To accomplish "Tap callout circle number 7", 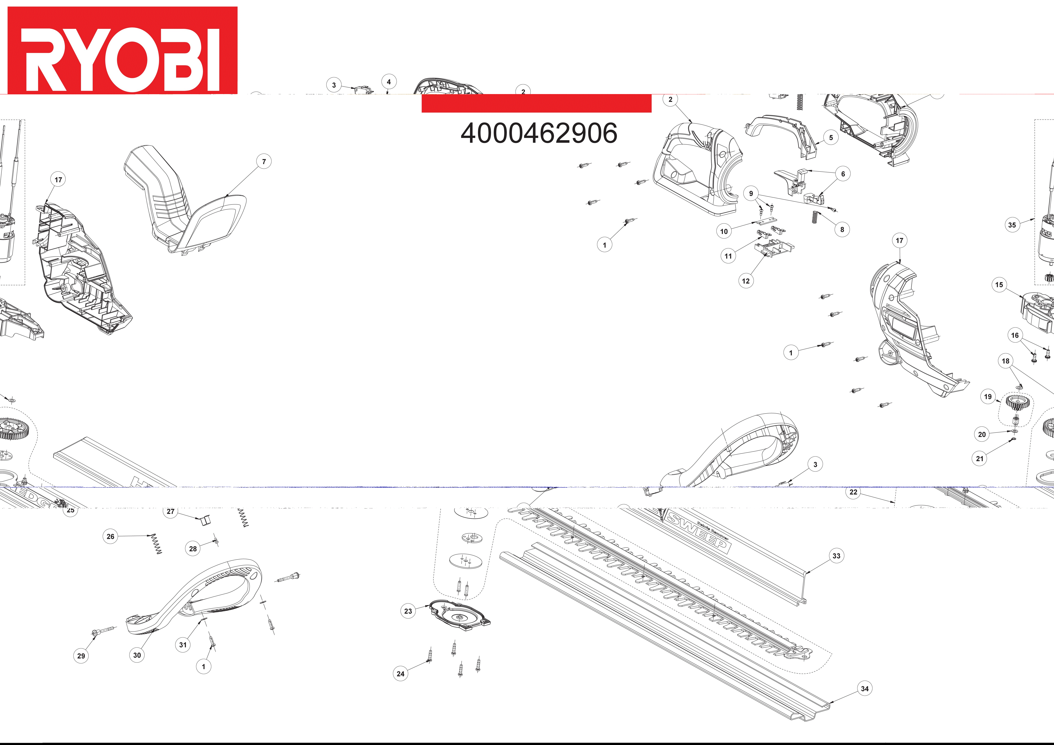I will (264, 162).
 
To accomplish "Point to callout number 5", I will (830, 138).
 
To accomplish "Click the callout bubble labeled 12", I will (745, 281).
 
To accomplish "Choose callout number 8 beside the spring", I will (842, 230).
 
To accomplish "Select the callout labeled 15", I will (999, 285).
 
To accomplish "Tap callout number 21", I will (980, 458).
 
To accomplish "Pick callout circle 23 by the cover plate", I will (408, 611).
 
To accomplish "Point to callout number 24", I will (400, 674).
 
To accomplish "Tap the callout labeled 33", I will (836, 556).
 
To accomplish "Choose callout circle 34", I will (864, 689).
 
